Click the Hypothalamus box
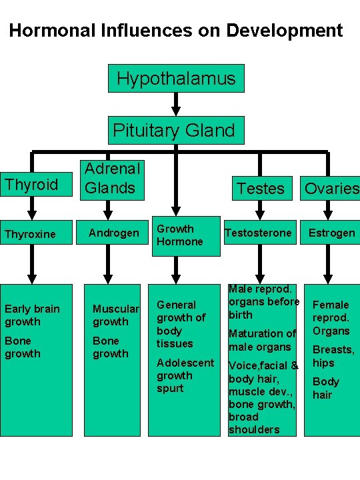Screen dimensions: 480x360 (176, 78)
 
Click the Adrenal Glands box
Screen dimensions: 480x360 (111, 179)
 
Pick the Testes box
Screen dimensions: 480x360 (260, 189)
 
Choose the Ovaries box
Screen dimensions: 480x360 (331, 189)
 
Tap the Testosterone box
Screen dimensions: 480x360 (259, 233)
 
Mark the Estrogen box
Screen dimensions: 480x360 (331, 233)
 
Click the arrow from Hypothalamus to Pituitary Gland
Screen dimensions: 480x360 (176, 103)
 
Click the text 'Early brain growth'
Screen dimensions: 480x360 (32, 315)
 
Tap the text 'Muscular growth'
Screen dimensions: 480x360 (115, 315)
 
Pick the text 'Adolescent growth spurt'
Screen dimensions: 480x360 (185, 375)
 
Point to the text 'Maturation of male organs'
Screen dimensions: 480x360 (262, 340)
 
